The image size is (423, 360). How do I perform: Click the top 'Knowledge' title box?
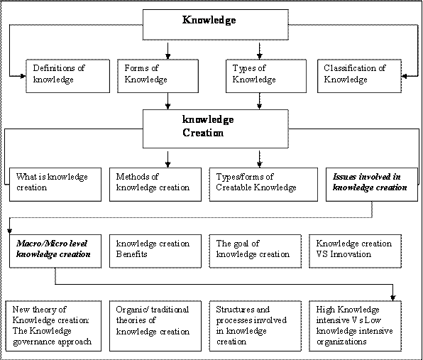click(x=216, y=25)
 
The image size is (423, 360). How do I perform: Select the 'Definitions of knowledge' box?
click(x=67, y=76)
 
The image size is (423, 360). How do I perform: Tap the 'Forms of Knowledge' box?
click(x=158, y=76)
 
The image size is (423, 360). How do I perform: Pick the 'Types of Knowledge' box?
click(x=266, y=76)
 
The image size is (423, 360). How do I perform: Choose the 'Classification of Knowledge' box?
click(x=359, y=76)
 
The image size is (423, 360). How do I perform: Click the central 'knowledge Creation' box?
click(x=216, y=129)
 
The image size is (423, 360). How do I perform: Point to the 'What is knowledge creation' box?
click(x=55, y=185)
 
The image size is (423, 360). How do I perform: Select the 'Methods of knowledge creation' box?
click(x=155, y=185)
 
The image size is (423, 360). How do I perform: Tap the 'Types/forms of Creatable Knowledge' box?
click(x=263, y=185)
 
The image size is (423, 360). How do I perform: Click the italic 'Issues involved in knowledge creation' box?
click(x=372, y=185)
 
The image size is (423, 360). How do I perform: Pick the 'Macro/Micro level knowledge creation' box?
click(x=55, y=251)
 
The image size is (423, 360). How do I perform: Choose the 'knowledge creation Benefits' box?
click(x=155, y=251)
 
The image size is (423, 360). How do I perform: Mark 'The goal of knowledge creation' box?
click(x=256, y=251)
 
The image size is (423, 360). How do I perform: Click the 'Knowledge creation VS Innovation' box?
click(x=356, y=251)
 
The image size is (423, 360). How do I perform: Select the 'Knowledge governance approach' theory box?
click(x=53, y=326)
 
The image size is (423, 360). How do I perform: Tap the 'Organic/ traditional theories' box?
click(x=155, y=326)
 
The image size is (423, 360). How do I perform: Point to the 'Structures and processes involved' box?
click(x=256, y=326)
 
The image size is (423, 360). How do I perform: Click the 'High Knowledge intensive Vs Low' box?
click(x=356, y=326)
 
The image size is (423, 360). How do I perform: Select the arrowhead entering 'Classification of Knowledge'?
click(x=404, y=77)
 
